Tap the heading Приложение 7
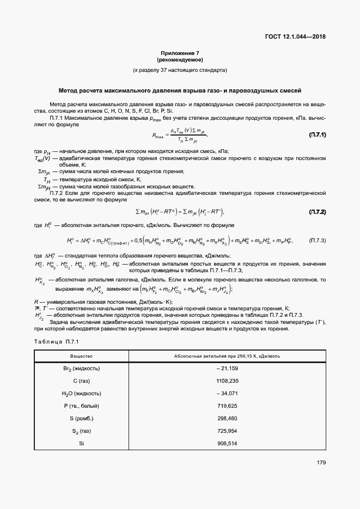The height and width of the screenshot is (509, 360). pyautogui.click(x=180, y=53)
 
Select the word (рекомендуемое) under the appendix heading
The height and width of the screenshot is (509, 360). pyautogui.click(x=180, y=59)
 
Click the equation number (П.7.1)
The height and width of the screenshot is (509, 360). pyautogui.click(x=318, y=134)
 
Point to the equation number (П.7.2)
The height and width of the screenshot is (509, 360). pyautogui.click(x=318, y=211)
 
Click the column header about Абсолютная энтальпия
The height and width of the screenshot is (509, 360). pyautogui.click(x=227, y=356)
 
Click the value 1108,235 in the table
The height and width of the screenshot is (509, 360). pyautogui.click(x=227, y=381)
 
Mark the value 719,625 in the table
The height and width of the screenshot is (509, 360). pyautogui.click(x=227, y=406)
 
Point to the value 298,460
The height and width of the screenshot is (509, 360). pyautogui.click(x=227, y=418)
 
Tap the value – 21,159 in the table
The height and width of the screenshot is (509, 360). pyautogui.click(x=227, y=369)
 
